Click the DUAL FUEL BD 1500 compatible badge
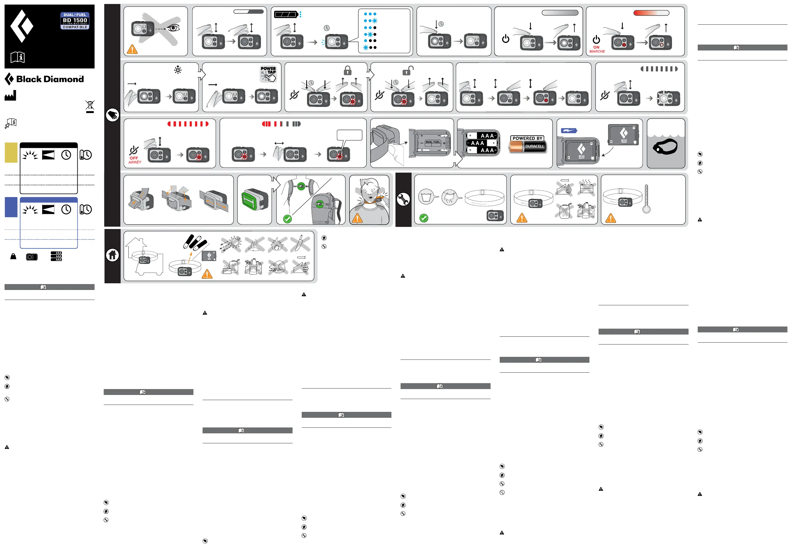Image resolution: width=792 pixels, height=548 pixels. (75, 21)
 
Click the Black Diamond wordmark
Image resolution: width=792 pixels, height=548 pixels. (50, 79)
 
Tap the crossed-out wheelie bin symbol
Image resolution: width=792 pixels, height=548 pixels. (90, 106)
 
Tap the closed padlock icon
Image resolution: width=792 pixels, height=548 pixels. (348, 71)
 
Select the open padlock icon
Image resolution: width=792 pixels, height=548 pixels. (408, 71)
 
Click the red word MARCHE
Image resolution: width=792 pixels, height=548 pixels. (597, 52)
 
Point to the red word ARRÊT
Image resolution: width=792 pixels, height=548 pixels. (135, 162)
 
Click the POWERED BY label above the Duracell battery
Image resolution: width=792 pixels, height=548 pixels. (527, 138)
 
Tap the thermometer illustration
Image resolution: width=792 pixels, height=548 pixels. (646, 199)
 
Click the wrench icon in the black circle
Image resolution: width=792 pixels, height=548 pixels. (403, 199)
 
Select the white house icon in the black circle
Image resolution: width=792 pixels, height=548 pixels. (112, 255)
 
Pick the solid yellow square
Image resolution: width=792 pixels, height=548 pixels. (11, 153)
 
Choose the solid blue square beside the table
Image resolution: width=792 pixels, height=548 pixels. (11, 207)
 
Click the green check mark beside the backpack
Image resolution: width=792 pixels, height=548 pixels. (287, 219)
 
